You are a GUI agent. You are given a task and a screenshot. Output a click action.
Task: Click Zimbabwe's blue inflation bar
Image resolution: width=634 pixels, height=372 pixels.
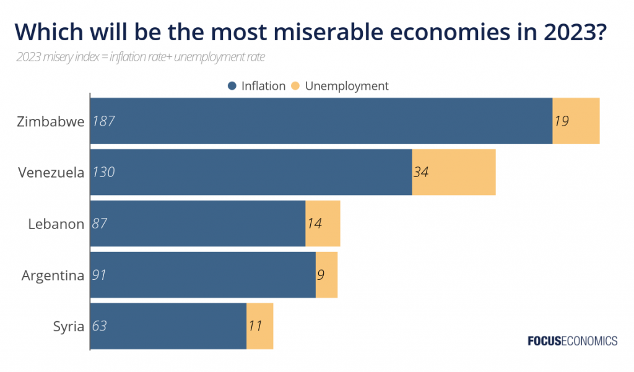click(x=321, y=121)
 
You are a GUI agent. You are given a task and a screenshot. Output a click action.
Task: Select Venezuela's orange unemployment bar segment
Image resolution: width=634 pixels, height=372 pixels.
click(x=454, y=172)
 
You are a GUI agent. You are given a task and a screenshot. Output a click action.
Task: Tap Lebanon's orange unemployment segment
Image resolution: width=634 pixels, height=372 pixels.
click(x=323, y=223)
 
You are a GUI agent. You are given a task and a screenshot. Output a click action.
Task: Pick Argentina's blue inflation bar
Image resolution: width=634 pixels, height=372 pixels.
click(x=203, y=275)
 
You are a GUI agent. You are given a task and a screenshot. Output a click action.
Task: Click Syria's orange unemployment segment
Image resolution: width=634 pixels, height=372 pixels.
click(x=260, y=326)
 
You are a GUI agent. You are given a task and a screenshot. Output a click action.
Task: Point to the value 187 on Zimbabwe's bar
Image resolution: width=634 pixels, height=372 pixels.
click(x=103, y=121)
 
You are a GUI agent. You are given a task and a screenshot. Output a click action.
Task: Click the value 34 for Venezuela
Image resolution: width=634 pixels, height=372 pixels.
click(x=421, y=172)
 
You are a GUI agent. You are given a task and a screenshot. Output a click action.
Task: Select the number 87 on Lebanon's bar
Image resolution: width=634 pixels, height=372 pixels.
click(x=100, y=223)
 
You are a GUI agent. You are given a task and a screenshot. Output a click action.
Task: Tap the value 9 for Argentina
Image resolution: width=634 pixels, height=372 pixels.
click(x=321, y=275)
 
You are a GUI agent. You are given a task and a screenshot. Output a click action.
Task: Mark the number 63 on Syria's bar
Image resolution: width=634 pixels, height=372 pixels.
click(x=100, y=326)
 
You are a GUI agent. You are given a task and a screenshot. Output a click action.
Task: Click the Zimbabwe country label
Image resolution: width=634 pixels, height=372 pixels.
click(x=51, y=121)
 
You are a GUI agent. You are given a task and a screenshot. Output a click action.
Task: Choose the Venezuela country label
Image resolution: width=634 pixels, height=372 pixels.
click(x=51, y=173)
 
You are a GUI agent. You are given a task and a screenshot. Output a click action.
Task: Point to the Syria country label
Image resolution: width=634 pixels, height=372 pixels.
click(x=69, y=327)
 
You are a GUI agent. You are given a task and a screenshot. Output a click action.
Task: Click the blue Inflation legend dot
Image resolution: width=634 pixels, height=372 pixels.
click(x=232, y=85)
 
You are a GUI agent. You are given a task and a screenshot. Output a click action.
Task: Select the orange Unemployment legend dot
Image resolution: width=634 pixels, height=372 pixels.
click(x=295, y=85)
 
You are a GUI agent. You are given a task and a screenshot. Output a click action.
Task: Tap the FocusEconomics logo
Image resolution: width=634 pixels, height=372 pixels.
click(x=573, y=341)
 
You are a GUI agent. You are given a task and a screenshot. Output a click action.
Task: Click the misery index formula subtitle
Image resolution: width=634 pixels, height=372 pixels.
click(x=141, y=57)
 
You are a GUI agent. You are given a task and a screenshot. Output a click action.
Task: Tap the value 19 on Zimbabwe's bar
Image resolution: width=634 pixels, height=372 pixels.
click(x=562, y=121)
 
